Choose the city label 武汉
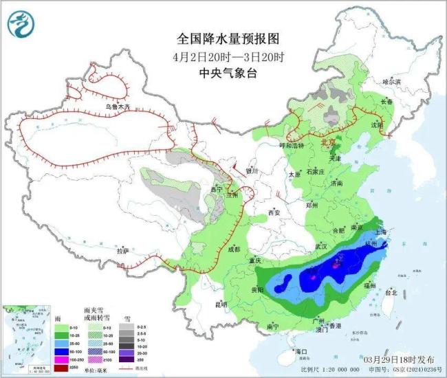coord(323,245)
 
